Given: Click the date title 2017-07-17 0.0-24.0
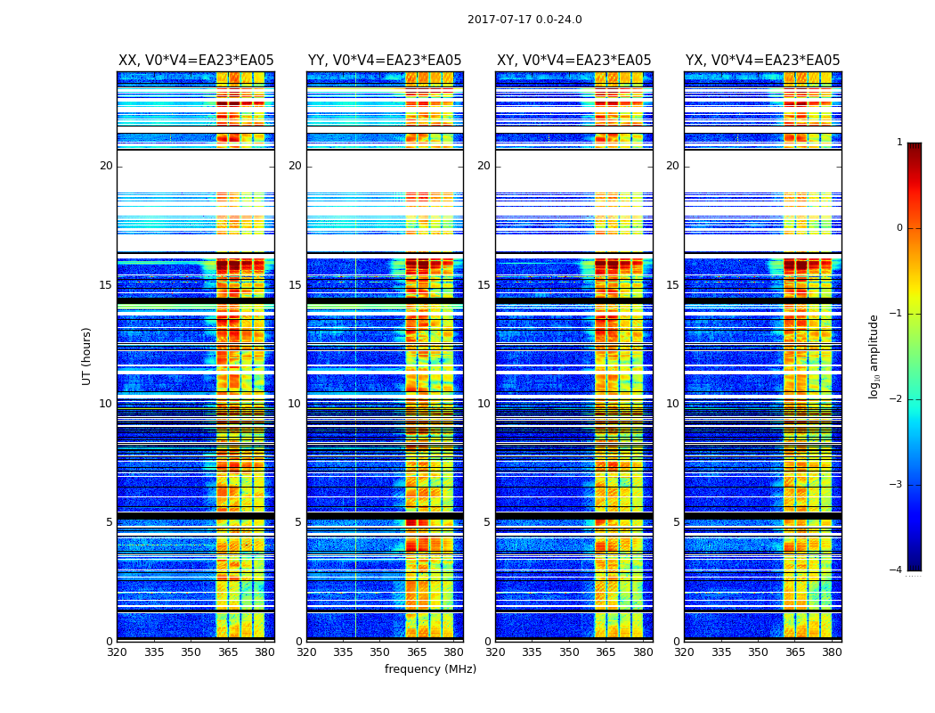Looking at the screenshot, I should pos(524,20).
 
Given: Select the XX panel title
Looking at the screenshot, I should pos(196,61).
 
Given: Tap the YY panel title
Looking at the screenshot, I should pos(385,61).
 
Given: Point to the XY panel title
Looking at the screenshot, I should pos(574,61).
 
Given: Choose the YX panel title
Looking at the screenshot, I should pos(762,61).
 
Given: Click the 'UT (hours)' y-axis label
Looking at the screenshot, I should pos(87,356).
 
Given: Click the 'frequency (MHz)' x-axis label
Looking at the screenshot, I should pos(430,669).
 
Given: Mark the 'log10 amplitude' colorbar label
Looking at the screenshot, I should pos(874,356).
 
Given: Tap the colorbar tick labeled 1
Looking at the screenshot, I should pos(899,143).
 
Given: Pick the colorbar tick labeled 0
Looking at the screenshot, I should pos(899,228).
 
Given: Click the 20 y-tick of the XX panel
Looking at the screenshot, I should pos(106,166).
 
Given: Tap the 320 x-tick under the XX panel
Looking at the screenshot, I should pos(118,652).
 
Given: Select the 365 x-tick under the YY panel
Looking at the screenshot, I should pos(417,652).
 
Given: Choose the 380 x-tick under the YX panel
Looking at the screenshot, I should pos(832,652).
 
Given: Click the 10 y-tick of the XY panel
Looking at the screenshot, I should pos(484,404).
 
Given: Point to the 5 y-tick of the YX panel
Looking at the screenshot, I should pos(676,522).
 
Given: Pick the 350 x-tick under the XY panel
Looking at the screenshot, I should pos(569,652).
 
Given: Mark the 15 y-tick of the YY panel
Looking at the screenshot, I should pos(295,285).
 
